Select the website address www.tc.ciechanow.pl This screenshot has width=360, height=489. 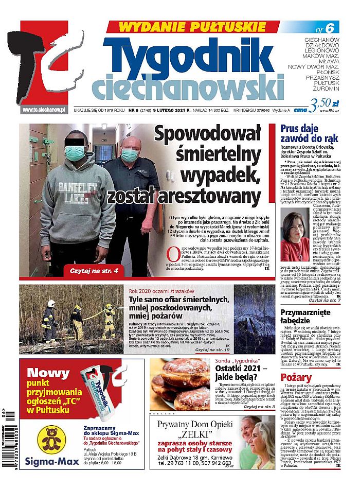(43, 109)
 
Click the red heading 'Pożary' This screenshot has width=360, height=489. (296, 378)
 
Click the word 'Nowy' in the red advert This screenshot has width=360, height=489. (48, 372)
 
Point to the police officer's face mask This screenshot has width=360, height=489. (129, 154)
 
